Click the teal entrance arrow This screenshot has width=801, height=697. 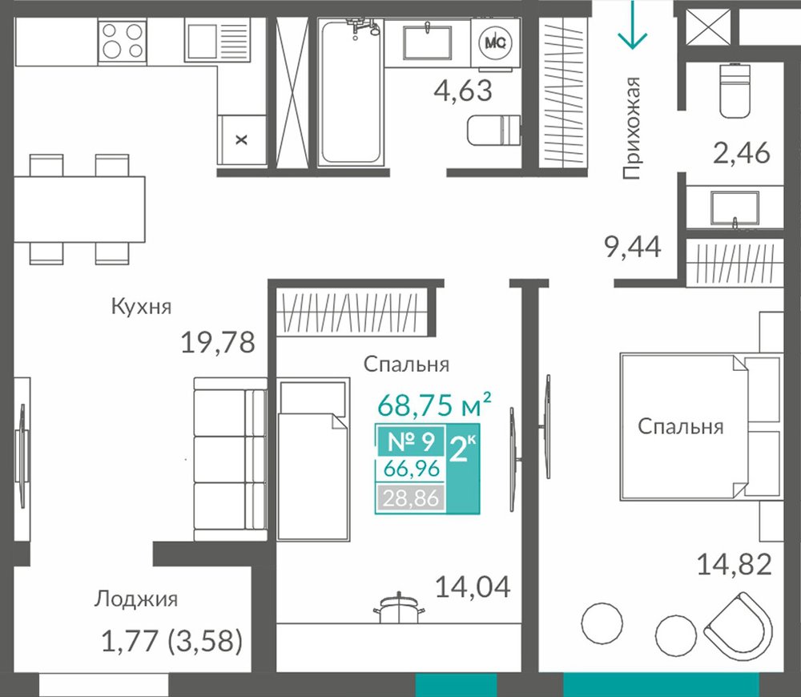click(633, 25)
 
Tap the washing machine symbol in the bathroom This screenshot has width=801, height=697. click(495, 43)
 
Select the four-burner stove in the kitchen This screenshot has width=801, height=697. click(122, 41)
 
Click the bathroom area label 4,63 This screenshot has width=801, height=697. click(463, 91)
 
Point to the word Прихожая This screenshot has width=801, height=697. click(631, 128)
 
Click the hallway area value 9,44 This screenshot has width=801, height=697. click(633, 248)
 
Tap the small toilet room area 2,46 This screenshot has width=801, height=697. click(741, 153)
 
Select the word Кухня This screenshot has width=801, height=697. click(142, 307)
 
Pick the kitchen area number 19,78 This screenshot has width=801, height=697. click(218, 342)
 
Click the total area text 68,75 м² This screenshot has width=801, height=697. click(434, 405)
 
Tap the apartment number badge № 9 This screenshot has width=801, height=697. click(411, 441)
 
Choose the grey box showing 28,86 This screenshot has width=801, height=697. click(411, 498)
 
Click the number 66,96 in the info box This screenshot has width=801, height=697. click(412, 469)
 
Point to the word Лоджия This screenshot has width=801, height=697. click(136, 599)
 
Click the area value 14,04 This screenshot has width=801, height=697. click(473, 586)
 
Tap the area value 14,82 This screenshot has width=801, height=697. click(734, 565)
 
